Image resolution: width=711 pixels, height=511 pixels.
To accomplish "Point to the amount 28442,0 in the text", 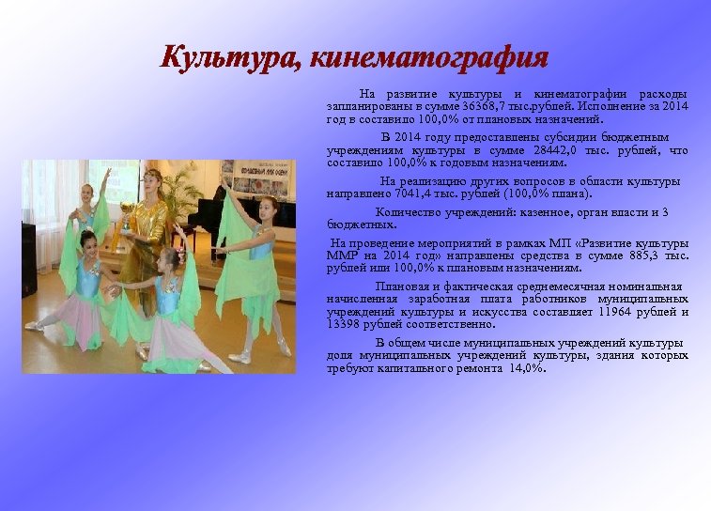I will (558, 150).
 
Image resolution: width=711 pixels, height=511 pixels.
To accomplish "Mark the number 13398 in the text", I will (343, 324).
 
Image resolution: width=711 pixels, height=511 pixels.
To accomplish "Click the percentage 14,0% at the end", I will (526, 368).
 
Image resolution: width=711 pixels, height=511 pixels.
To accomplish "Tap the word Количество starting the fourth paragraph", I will (409, 212).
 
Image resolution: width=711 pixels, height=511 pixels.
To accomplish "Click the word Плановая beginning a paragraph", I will (401, 286).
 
